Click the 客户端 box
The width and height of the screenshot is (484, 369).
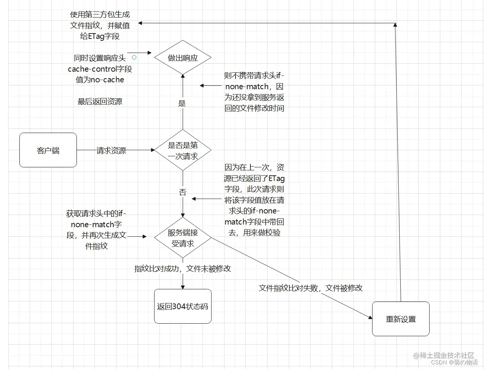(x=48, y=150)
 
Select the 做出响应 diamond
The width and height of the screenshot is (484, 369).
(x=183, y=58)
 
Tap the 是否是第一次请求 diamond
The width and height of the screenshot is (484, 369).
(x=183, y=150)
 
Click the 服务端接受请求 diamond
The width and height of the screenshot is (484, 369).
(x=183, y=237)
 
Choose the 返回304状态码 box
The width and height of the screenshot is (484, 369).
(x=183, y=306)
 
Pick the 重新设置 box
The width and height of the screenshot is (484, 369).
(x=401, y=319)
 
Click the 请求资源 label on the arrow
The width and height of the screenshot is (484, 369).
(x=111, y=151)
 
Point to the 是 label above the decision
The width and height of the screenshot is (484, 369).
(x=182, y=103)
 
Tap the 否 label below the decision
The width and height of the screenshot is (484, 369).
(x=183, y=192)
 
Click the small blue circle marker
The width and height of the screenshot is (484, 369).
(x=134, y=58)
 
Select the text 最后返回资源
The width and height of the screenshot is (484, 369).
(x=100, y=101)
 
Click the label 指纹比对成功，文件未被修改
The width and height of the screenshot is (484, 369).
(x=183, y=269)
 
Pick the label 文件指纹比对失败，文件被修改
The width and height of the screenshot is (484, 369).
(x=310, y=288)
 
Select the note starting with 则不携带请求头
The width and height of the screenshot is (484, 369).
(x=254, y=92)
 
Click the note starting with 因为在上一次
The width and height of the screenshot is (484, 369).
(x=254, y=200)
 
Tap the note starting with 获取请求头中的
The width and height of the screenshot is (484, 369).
(x=96, y=230)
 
